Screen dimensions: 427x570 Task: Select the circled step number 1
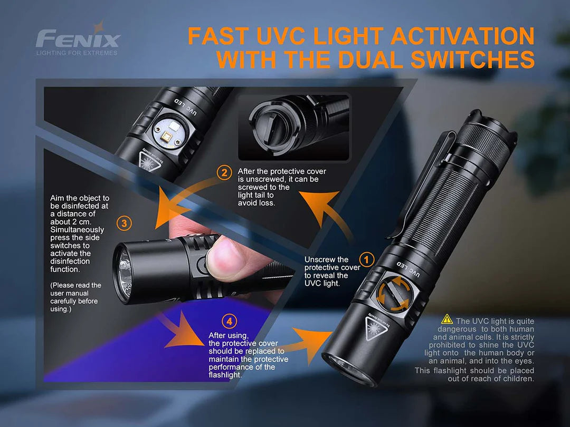pos(366,259)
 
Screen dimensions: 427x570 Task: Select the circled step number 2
pos(225,172)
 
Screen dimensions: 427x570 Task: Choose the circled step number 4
pos(228,321)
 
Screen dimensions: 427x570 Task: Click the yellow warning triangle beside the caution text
pos(447,319)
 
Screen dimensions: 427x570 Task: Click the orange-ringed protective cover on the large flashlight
pos(394,296)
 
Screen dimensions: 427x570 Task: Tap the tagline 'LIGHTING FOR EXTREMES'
pos(77,53)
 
